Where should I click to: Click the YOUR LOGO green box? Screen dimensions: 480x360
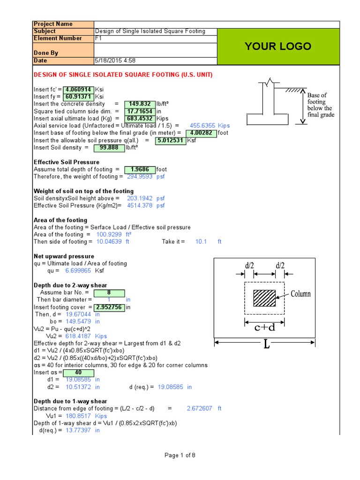click(x=278, y=46)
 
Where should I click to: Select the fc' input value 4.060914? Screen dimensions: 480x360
click(x=78, y=89)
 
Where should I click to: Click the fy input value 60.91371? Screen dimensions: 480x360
click(x=78, y=97)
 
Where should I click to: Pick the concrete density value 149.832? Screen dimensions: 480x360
click(x=139, y=104)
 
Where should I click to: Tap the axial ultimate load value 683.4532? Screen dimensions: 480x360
click(x=139, y=119)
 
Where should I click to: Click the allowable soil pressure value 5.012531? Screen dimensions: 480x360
click(x=170, y=140)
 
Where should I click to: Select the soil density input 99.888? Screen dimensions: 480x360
click(x=109, y=148)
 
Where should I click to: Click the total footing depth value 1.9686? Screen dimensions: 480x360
click(x=139, y=169)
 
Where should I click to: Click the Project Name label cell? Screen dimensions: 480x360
click(x=63, y=24)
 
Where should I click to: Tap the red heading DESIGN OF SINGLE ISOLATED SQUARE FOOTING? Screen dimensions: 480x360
click(x=123, y=75)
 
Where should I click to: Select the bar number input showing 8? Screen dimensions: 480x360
click(x=109, y=292)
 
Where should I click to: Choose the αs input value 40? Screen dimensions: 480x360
click(x=79, y=372)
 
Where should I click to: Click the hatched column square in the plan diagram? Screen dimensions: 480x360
click(x=264, y=298)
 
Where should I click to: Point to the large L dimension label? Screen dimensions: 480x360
click(x=266, y=345)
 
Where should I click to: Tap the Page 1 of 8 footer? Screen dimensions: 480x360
click(x=180, y=455)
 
